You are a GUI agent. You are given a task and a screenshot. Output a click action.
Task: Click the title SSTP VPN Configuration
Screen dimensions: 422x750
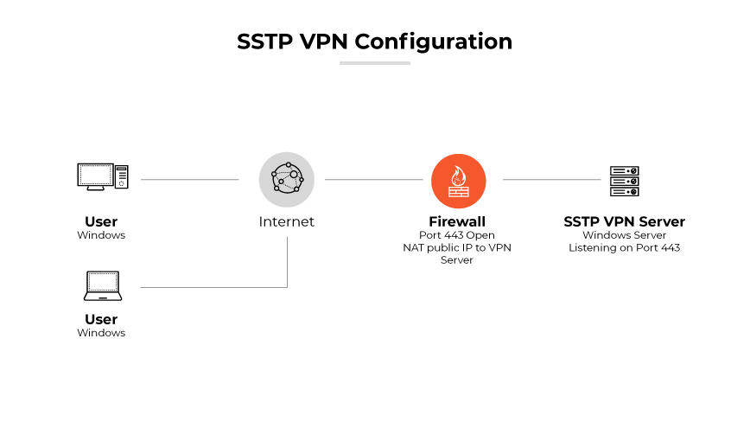point(374,42)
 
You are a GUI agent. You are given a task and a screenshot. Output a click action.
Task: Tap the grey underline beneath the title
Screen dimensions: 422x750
point(374,63)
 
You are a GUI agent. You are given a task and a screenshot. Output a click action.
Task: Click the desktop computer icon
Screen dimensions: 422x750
point(102,176)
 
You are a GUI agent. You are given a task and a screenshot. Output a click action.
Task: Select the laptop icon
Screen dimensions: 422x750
point(102,285)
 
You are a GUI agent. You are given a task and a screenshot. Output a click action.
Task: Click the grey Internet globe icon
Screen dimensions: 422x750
point(287,180)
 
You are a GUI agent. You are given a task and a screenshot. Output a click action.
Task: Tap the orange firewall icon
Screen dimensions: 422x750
point(458,180)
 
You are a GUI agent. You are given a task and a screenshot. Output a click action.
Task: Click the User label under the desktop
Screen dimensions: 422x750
point(101,221)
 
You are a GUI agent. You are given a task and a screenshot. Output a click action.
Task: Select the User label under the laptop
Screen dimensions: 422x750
point(101,319)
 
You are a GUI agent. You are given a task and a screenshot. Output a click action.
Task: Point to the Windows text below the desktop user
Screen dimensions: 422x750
point(101,235)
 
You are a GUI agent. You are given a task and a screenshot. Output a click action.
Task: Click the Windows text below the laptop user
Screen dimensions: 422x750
point(101,333)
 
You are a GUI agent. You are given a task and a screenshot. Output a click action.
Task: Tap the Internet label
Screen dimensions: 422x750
point(287,221)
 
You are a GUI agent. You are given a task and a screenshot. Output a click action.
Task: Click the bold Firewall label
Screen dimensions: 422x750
point(457,221)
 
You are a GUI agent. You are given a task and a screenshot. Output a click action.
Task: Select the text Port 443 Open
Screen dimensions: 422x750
point(457,235)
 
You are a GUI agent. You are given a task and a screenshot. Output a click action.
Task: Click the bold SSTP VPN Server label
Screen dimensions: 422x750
point(624,221)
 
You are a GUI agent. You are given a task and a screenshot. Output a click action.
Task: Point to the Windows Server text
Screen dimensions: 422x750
point(624,235)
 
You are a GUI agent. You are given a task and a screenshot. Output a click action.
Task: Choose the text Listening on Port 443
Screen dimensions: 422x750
point(624,248)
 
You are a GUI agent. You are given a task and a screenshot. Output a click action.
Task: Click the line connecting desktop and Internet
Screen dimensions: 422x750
point(189,180)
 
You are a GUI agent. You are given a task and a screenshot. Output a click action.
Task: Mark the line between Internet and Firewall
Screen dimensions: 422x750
point(373,180)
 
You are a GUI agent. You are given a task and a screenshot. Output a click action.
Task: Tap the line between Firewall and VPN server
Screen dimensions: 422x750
point(551,180)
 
